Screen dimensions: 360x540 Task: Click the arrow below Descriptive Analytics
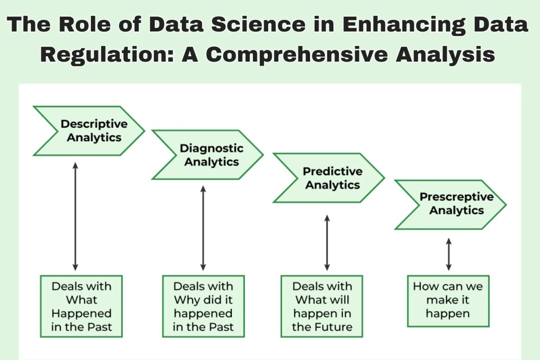pyautogui.click(x=75, y=217)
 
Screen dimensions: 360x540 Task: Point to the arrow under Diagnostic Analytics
pyautogui.click(x=203, y=228)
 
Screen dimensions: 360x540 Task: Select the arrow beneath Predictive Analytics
pyautogui.click(x=327, y=243)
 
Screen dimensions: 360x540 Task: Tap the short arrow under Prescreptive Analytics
pyautogui.click(x=449, y=254)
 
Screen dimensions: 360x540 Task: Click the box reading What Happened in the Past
pyautogui.click(x=81, y=306)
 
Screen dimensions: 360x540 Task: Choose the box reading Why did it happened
pyautogui.click(x=203, y=306)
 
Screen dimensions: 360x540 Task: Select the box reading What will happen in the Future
pyautogui.click(x=322, y=306)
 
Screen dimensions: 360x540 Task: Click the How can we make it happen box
pyautogui.click(x=448, y=301)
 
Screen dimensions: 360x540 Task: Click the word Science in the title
pyautogui.click(x=258, y=24)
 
